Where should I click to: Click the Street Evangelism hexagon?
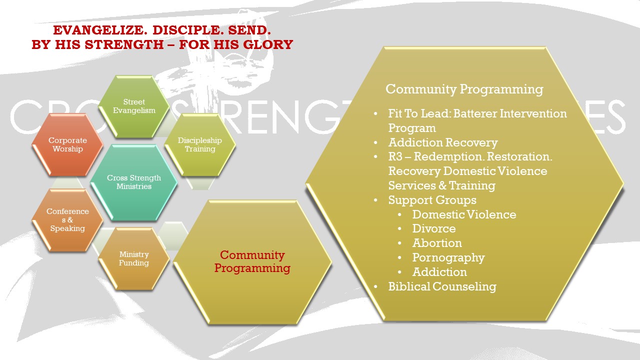[134, 106]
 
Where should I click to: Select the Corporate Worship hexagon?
[67, 144]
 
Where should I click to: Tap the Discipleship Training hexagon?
[199, 144]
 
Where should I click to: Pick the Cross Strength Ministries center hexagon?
[134, 182]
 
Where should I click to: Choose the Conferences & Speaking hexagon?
[67, 220]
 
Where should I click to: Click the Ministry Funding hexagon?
[134, 258]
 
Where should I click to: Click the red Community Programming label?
[252, 261]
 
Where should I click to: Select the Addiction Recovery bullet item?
[443, 142]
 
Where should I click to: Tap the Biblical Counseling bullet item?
[442, 286]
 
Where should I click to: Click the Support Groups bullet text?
[432, 200]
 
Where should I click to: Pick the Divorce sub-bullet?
[433, 228]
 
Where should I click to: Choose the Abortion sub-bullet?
[437, 243]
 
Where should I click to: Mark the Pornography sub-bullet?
[448, 257]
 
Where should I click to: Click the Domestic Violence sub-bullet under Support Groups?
[464, 214]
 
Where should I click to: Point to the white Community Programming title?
[464, 89]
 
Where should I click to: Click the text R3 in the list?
[395, 156]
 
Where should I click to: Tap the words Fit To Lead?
[418, 113]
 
